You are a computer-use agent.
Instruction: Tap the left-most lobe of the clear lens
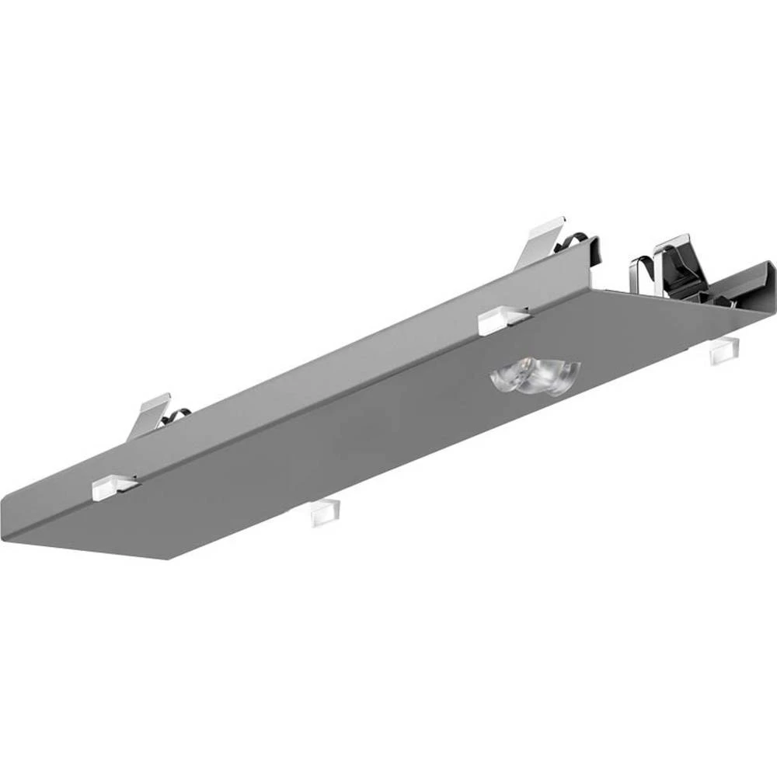pyautogui.click(x=507, y=378)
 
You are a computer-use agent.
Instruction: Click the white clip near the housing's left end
pyautogui.click(x=113, y=487)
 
